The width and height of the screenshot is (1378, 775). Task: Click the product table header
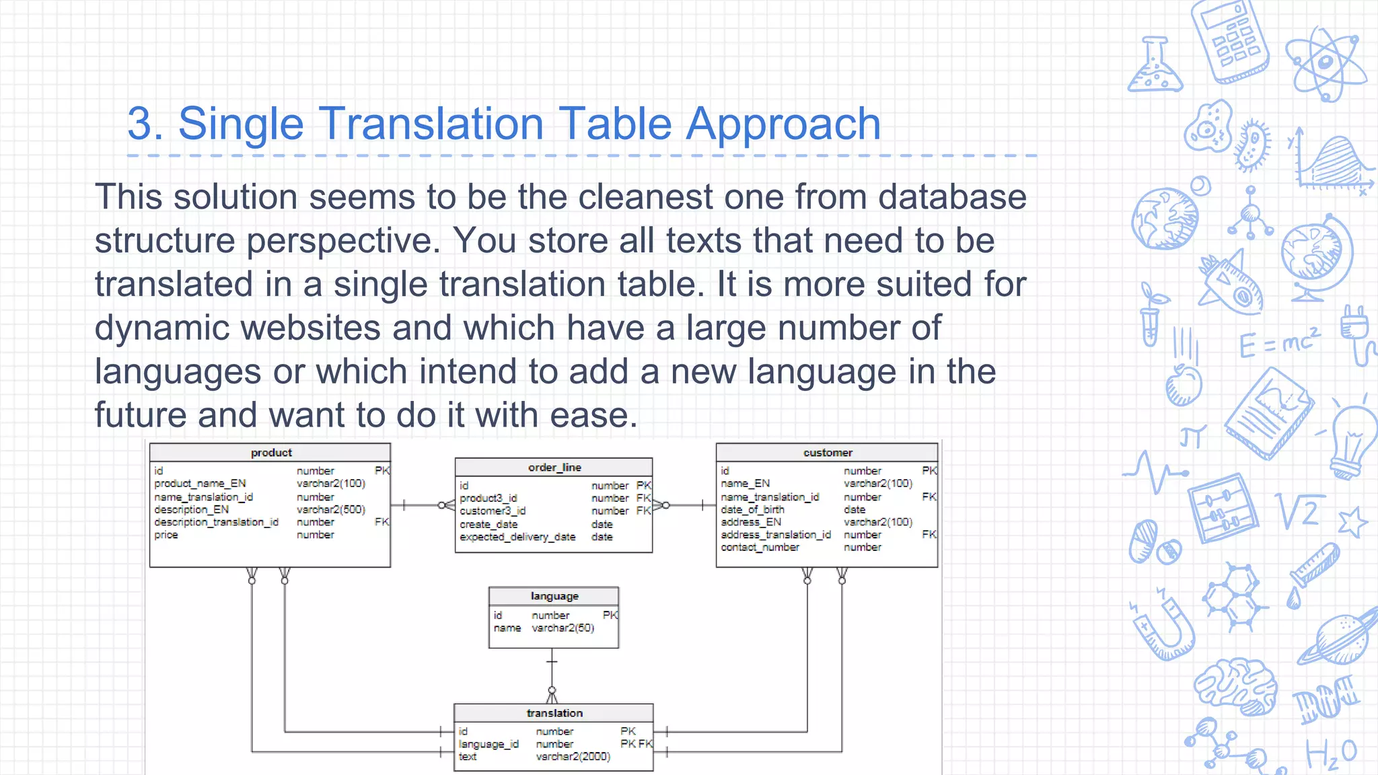click(x=271, y=453)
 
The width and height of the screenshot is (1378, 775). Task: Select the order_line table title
click(x=554, y=468)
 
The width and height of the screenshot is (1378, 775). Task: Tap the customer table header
click(x=828, y=453)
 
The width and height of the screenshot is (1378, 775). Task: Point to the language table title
click(x=554, y=596)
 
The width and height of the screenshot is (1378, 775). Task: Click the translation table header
click(x=554, y=713)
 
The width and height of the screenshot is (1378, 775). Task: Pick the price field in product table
click(x=166, y=535)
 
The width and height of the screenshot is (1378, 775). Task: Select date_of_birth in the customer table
click(x=752, y=509)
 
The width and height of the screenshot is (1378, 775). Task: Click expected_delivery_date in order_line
click(x=517, y=537)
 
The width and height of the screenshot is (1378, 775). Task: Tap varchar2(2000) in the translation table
click(x=573, y=757)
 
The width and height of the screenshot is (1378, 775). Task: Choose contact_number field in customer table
click(x=760, y=548)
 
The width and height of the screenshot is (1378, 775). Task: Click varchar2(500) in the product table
click(x=331, y=509)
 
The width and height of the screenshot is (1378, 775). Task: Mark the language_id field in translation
click(x=488, y=744)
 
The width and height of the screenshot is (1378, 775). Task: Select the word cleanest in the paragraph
click(x=644, y=197)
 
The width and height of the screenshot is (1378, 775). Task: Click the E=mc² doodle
click(x=1279, y=343)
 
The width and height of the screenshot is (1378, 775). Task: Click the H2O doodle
click(x=1331, y=754)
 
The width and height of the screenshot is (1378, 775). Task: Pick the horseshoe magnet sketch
click(x=1164, y=629)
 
